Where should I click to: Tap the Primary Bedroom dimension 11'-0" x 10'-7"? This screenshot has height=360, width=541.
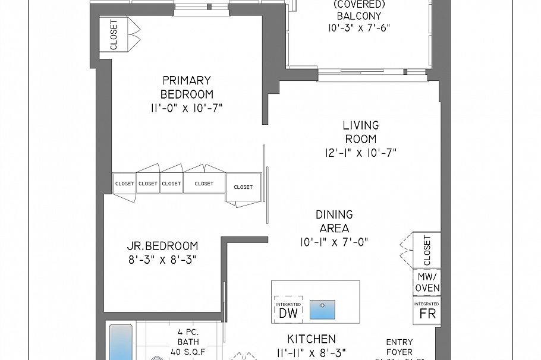click(187, 108)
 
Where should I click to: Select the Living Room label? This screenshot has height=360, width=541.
click(360, 132)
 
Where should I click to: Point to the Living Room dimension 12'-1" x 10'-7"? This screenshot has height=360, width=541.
click(360, 153)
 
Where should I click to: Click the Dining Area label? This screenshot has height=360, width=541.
click(334, 221)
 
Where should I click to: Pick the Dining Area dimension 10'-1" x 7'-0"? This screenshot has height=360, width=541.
click(334, 242)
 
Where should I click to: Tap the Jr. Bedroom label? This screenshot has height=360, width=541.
click(162, 246)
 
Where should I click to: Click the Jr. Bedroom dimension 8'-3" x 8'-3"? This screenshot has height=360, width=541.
click(162, 260)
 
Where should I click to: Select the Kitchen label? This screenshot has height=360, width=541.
click(312, 339)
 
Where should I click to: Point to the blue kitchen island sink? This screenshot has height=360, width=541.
click(322, 309)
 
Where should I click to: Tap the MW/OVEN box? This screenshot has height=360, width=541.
click(427, 282)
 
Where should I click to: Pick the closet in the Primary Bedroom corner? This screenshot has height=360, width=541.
click(114, 35)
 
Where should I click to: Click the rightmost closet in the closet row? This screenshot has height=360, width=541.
click(243, 187)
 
